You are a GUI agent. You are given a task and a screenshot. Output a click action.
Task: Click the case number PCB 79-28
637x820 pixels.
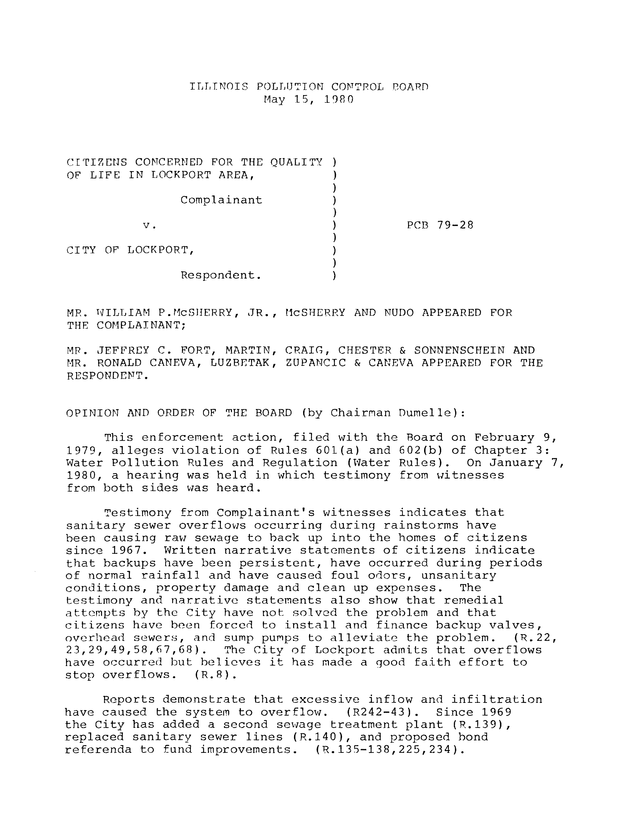440,225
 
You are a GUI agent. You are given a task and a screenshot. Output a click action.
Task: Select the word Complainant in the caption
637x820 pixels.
221,200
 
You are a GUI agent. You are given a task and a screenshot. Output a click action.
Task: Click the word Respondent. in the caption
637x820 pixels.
221,276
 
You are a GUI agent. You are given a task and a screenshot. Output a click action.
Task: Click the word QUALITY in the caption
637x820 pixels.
296,162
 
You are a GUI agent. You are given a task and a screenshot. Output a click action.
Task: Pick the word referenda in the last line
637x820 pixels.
98,750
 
